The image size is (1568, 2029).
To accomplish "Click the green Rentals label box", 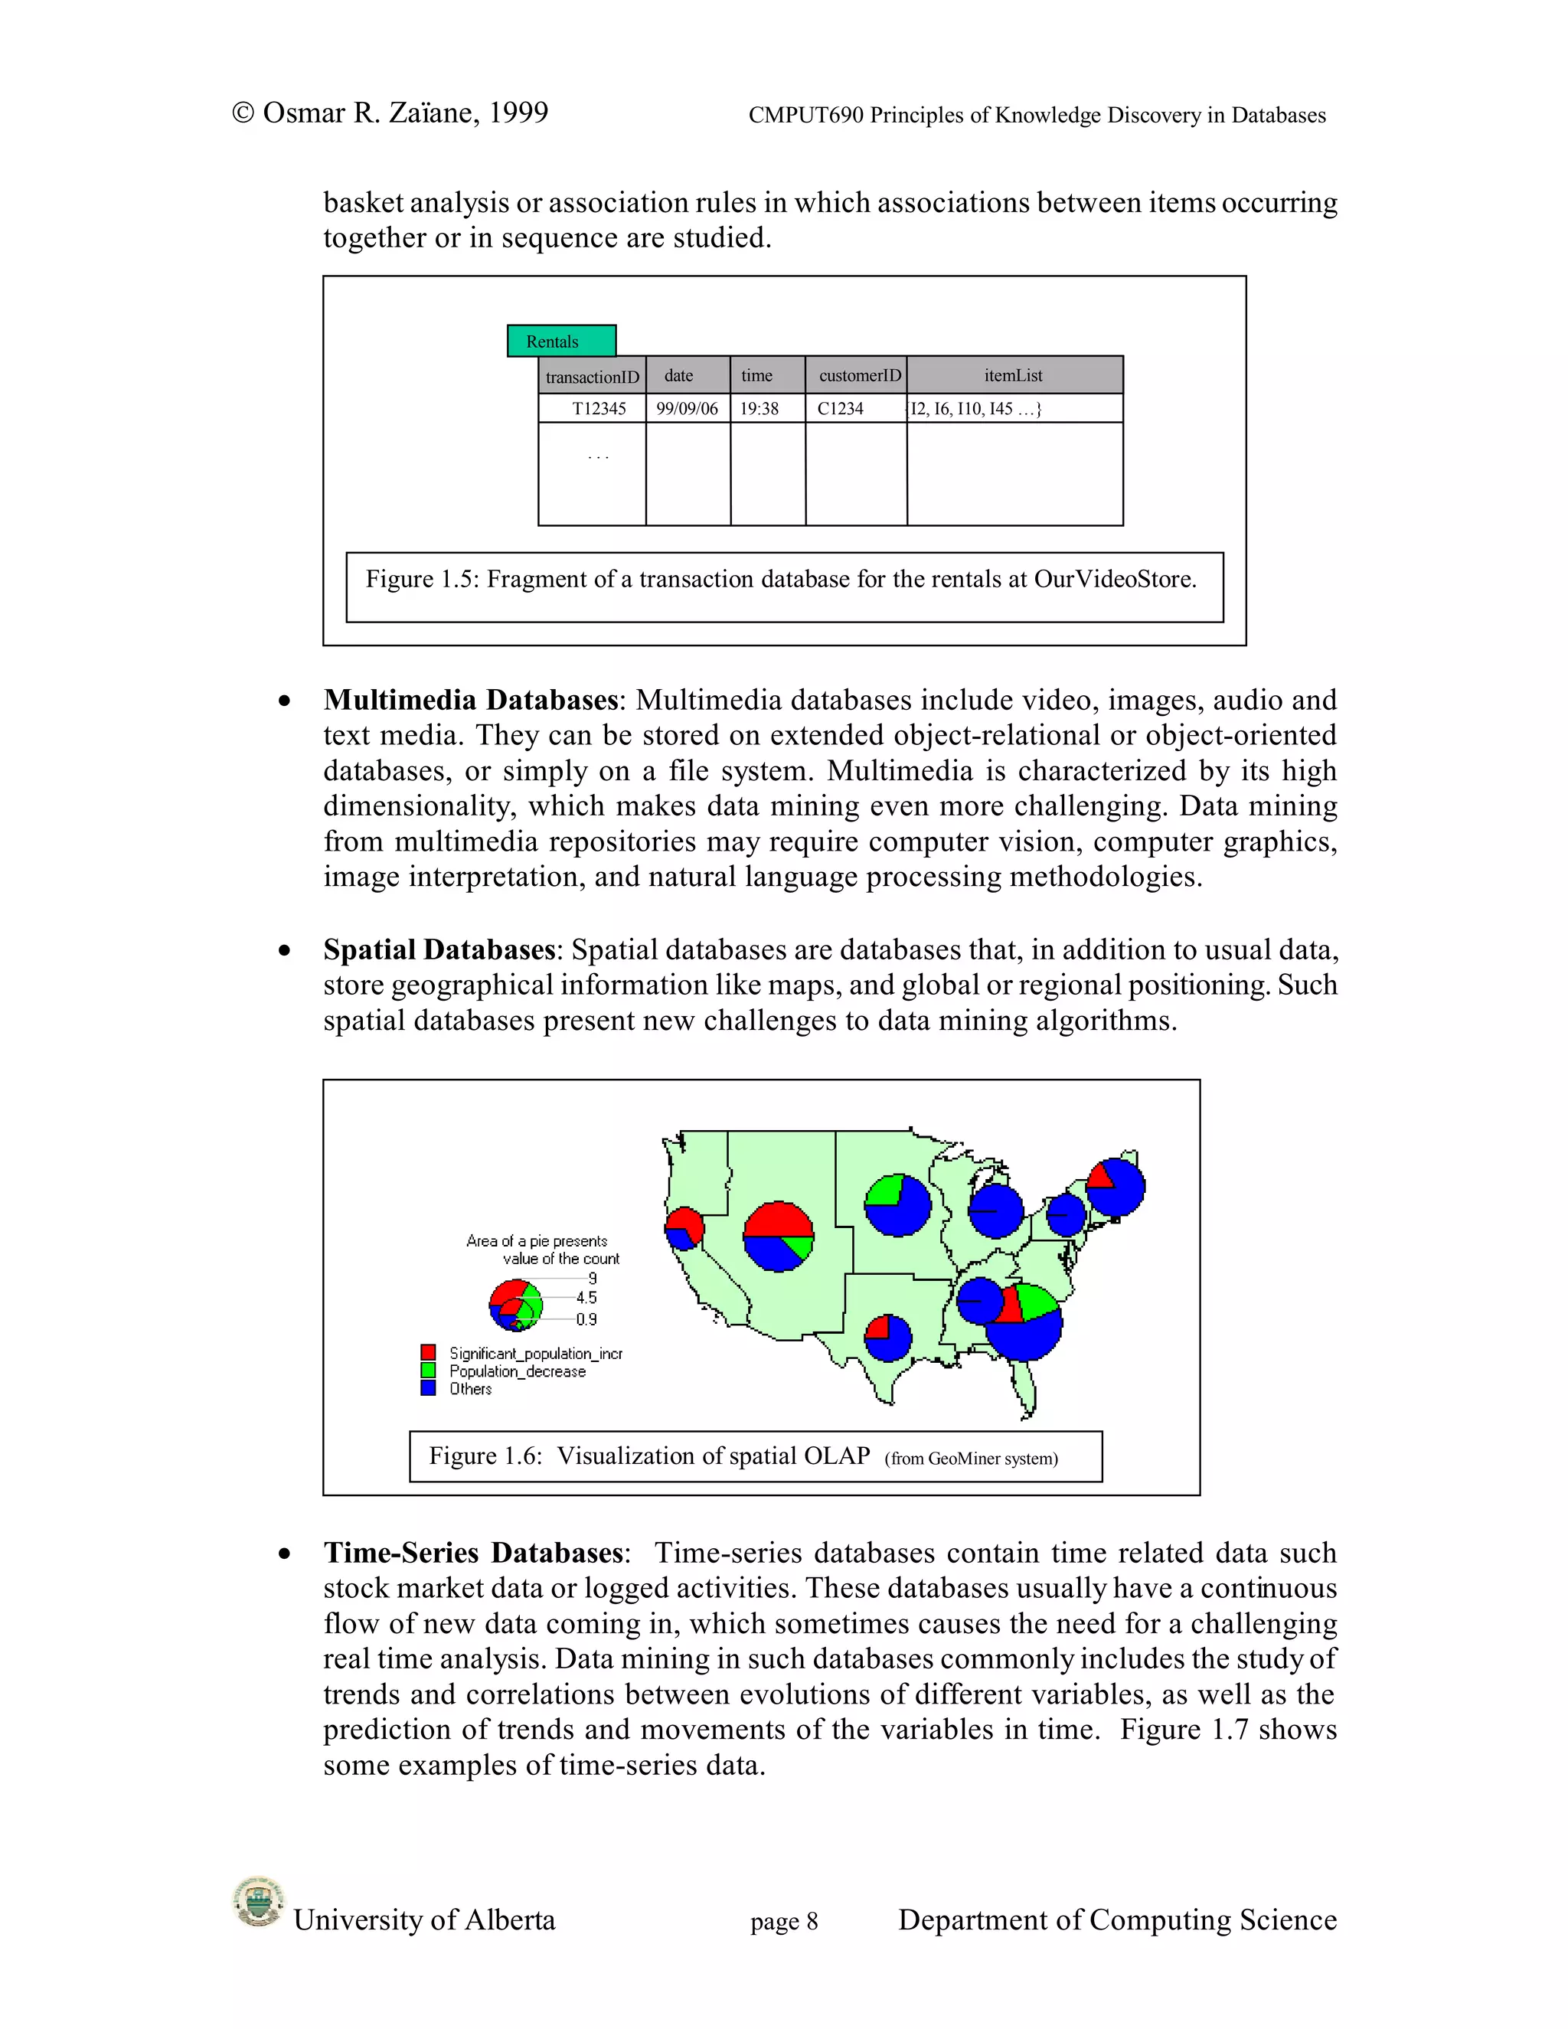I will [561, 341].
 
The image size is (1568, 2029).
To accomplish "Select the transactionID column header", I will [592, 376].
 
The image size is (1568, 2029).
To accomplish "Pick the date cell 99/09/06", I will [688, 409].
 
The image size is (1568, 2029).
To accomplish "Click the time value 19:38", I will [759, 409].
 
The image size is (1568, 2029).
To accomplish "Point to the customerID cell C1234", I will [841, 409].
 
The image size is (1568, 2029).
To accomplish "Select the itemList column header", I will [1014, 375].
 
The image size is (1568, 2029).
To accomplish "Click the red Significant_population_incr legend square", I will [428, 1353].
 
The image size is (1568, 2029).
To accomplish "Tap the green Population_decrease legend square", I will [428, 1371].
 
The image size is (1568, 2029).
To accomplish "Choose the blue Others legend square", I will [428, 1388].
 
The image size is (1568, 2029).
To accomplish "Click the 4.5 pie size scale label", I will [586, 1298].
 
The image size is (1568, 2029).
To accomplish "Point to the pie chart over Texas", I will [888, 1338].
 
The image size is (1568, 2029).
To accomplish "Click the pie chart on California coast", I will [684, 1228].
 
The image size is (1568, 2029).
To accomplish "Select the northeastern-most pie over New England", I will [1116, 1186].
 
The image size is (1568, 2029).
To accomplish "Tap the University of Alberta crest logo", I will [257, 1902].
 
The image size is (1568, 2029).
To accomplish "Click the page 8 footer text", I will [784, 1921].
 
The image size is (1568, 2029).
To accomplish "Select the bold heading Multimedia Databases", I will [470, 700].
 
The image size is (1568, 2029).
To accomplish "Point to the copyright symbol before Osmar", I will [243, 113].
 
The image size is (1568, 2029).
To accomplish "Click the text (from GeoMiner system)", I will [971, 1458].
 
